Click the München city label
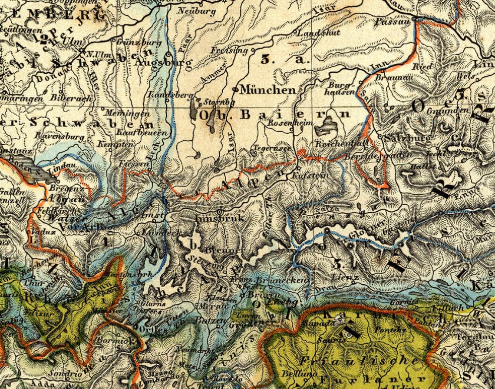click(x=268, y=90)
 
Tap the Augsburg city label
click(x=163, y=63)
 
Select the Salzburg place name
click(x=406, y=138)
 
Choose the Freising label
click(x=229, y=50)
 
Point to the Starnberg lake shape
click(x=194, y=110)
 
